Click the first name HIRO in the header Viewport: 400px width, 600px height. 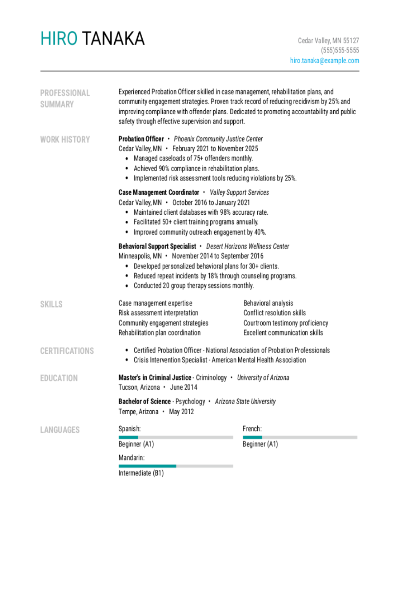(x=59, y=39)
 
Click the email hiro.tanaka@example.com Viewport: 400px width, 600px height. (x=324, y=60)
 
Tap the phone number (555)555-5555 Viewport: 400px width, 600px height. (x=340, y=50)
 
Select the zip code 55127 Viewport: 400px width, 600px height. (x=351, y=40)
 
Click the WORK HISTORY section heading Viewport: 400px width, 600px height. (x=65, y=140)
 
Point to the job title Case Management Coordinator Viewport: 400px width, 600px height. (x=159, y=192)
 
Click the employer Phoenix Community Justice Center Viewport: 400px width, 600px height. (x=218, y=139)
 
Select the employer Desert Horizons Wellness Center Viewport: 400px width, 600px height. (x=248, y=246)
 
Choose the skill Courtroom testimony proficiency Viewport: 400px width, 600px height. (x=285, y=323)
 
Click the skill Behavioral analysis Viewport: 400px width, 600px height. (x=268, y=303)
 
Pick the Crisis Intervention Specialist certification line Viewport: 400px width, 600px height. (x=220, y=360)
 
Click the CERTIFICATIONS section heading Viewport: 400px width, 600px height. (x=67, y=351)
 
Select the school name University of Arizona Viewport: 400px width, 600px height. (x=263, y=378)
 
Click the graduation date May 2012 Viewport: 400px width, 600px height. (x=181, y=412)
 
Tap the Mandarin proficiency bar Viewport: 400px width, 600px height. (x=176, y=466)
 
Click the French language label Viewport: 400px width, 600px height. (x=252, y=429)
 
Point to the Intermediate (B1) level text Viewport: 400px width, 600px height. (x=141, y=473)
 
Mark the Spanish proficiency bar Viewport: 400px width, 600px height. (x=176, y=437)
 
